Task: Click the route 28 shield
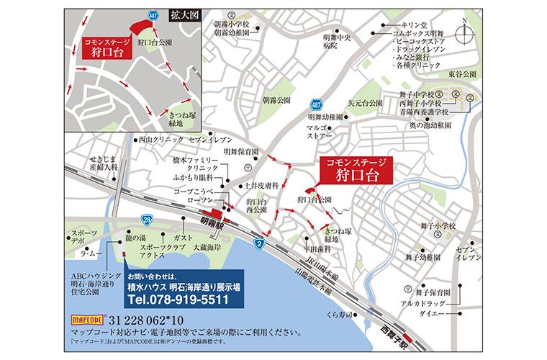coord(147,219)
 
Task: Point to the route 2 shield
coord(258,246)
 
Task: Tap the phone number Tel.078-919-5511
coord(177,300)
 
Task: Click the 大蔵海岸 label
coord(209,246)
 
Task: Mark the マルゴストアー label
coord(320,130)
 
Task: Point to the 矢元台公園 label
coord(368,103)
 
